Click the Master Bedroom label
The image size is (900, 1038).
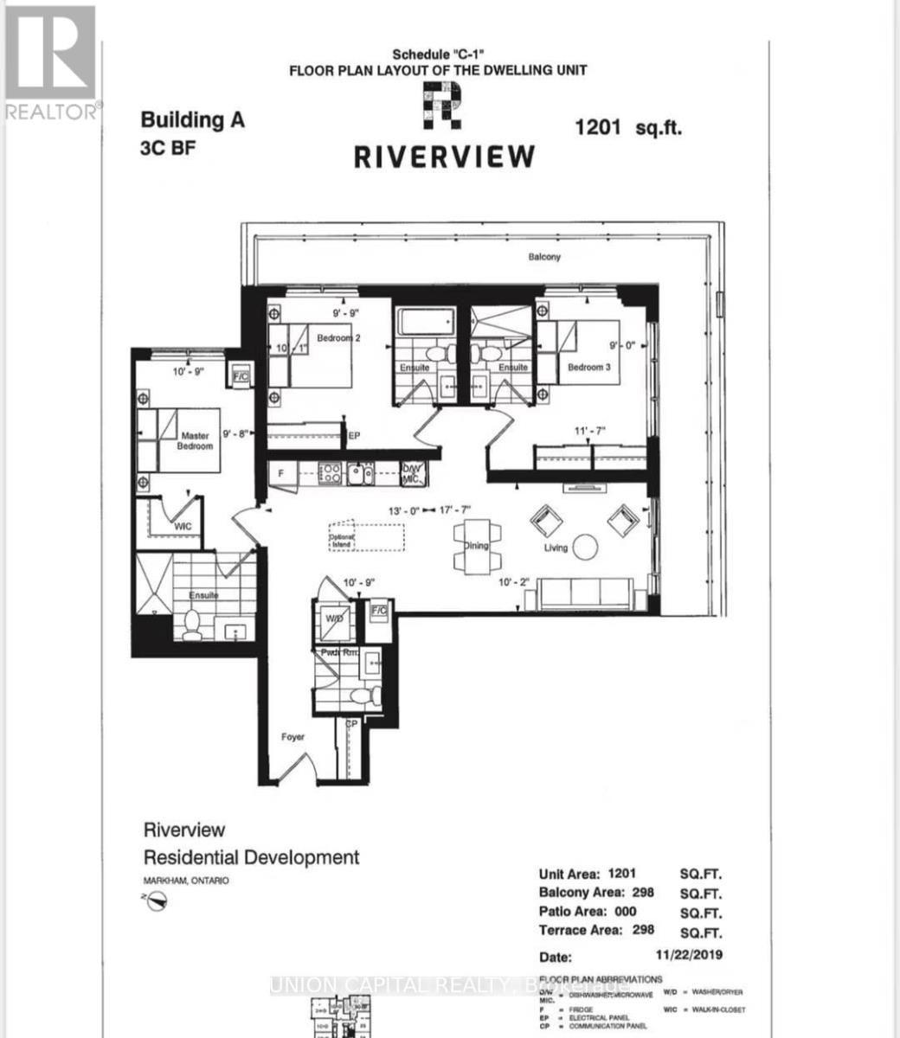pyautogui.click(x=196, y=441)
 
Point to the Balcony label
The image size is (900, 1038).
pyautogui.click(x=545, y=257)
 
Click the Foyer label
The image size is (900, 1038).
pyautogui.click(x=292, y=737)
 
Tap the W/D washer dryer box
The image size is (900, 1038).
pyautogui.click(x=334, y=620)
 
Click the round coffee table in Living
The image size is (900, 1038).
pyautogui.click(x=585, y=547)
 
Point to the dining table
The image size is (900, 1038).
pyautogui.click(x=475, y=546)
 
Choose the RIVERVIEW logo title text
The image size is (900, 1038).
pyautogui.click(x=444, y=156)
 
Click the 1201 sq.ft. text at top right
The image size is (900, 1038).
pyautogui.click(x=628, y=127)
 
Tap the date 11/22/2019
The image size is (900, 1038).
pyautogui.click(x=689, y=955)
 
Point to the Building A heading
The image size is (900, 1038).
pyautogui.click(x=192, y=120)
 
